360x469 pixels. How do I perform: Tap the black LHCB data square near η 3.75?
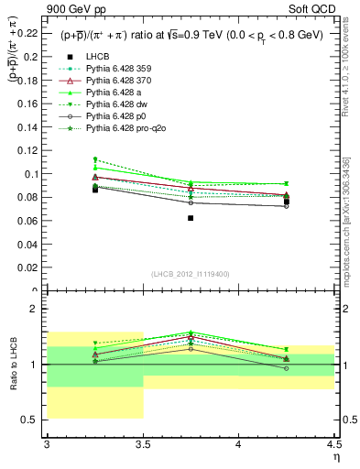[x=191, y=218]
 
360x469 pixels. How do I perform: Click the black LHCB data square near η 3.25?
[x=94, y=190]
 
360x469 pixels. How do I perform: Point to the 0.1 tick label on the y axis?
[x=34, y=174]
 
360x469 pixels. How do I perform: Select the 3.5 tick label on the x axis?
[x=143, y=444]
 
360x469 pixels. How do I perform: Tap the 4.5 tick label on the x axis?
[x=333, y=444]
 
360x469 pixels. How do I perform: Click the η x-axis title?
[x=336, y=457]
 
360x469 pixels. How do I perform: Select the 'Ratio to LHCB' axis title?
[x=12, y=366]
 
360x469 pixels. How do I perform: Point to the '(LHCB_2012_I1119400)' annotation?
[x=191, y=274]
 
